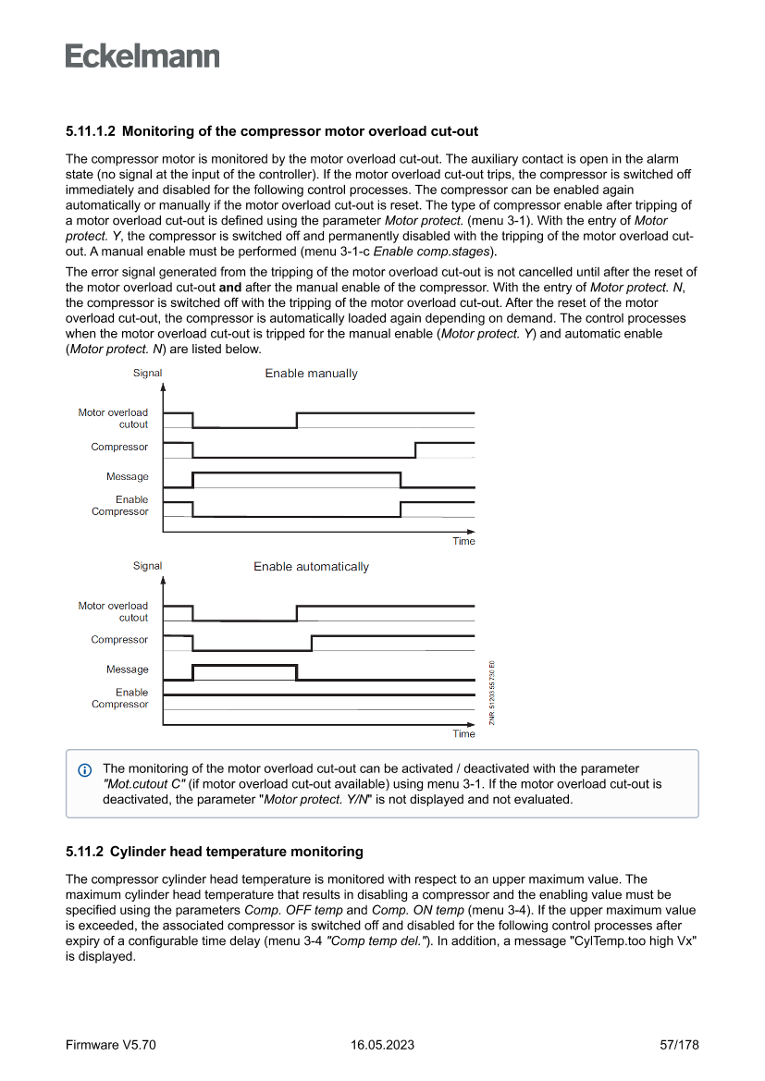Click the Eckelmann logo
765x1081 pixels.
pyautogui.click(x=142, y=56)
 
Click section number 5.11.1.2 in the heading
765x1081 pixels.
pyautogui.click(x=90, y=131)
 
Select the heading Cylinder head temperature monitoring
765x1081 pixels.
pyautogui.click(x=242, y=851)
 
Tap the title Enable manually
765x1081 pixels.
pyautogui.click(x=311, y=374)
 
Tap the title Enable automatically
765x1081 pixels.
pyautogui.click(x=311, y=567)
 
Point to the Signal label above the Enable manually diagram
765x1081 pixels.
pyautogui.click(x=147, y=374)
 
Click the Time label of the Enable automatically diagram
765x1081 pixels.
pyautogui.click(x=463, y=734)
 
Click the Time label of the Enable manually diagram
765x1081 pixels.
pyautogui.click(x=463, y=541)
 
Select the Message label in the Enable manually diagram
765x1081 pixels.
pyautogui.click(x=127, y=477)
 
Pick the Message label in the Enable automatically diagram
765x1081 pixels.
pyautogui.click(x=127, y=669)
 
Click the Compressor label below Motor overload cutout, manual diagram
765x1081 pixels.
pyautogui.click(x=119, y=448)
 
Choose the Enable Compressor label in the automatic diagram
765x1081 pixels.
pyautogui.click(x=120, y=698)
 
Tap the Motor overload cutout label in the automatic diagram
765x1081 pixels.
pyautogui.click(x=113, y=611)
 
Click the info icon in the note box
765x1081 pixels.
pyautogui.click(x=85, y=770)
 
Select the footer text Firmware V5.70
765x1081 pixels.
pyautogui.click(x=111, y=1045)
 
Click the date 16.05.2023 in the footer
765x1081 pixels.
pyautogui.click(x=382, y=1045)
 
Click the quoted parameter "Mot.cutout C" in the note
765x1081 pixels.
pyautogui.click(x=143, y=783)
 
